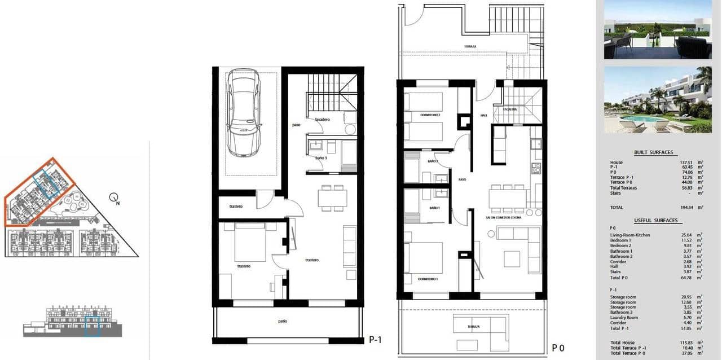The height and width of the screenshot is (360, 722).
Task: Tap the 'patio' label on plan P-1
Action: click(x=283, y=322)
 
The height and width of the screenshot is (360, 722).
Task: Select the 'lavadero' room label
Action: click(x=323, y=120)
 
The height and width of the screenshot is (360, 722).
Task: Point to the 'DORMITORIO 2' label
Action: click(x=429, y=115)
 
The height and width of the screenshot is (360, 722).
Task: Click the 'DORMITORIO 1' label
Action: click(x=428, y=279)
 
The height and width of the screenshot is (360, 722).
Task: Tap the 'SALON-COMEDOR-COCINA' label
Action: click(x=503, y=217)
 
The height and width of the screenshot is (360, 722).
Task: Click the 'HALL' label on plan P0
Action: click(x=483, y=115)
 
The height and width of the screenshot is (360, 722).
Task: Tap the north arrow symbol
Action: click(x=115, y=199)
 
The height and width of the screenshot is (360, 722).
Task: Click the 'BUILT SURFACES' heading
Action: click(x=653, y=152)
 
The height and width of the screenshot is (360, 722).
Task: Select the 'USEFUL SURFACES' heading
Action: click(x=655, y=220)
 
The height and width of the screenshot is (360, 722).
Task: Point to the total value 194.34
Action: click(x=688, y=208)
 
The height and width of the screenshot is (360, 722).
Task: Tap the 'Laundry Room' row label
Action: click(x=623, y=318)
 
